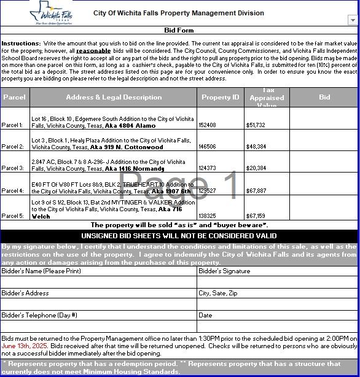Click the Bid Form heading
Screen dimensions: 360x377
pyautogui.click(x=179, y=30)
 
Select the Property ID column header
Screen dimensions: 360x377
pyautogui.click(x=220, y=97)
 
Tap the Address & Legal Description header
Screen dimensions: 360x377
pyautogui.click(x=114, y=97)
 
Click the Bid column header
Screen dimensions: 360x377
pyautogui.click(x=324, y=97)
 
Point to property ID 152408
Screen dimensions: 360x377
pyautogui.click(x=208, y=125)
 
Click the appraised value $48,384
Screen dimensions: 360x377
pyautogui.click(x=256, y=147)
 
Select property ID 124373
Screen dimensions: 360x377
pyautogui.click(x=208, y=168)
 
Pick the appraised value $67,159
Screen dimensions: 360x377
pyautogui.click(x=256, y=216)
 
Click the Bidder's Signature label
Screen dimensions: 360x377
pyautogui.click(x=224, y=271)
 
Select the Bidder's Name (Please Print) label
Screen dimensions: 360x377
pyautogui.click(x=41, y=271)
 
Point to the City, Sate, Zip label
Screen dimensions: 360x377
pyautogui.click(x=218, y=293)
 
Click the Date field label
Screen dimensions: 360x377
pyautogui.click(x=205, y=315)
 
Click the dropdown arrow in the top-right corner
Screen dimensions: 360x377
pyautogui.click(x=352, y=20)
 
